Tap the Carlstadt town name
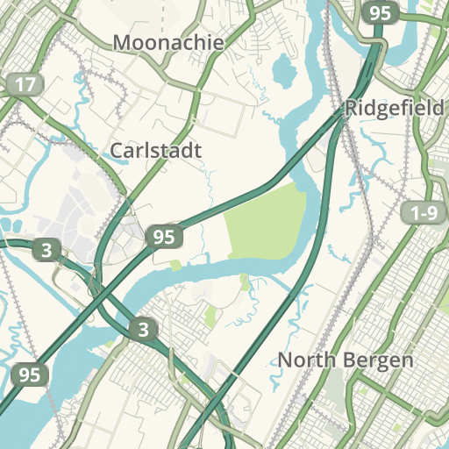pyautogui.click(x=155, y=151)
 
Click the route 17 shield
pyautogui.click(x=25, y=85)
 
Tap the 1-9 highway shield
pyautogui.click(x=423, y=213)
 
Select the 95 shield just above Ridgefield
pyautogui.click(x=380, y=13)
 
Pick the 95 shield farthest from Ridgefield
pyautogui.click(x=30, y=374)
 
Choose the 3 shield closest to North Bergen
pyautogui.click(x=143, y=330)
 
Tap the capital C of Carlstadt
pyautogui.click(x=116, y=151)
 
